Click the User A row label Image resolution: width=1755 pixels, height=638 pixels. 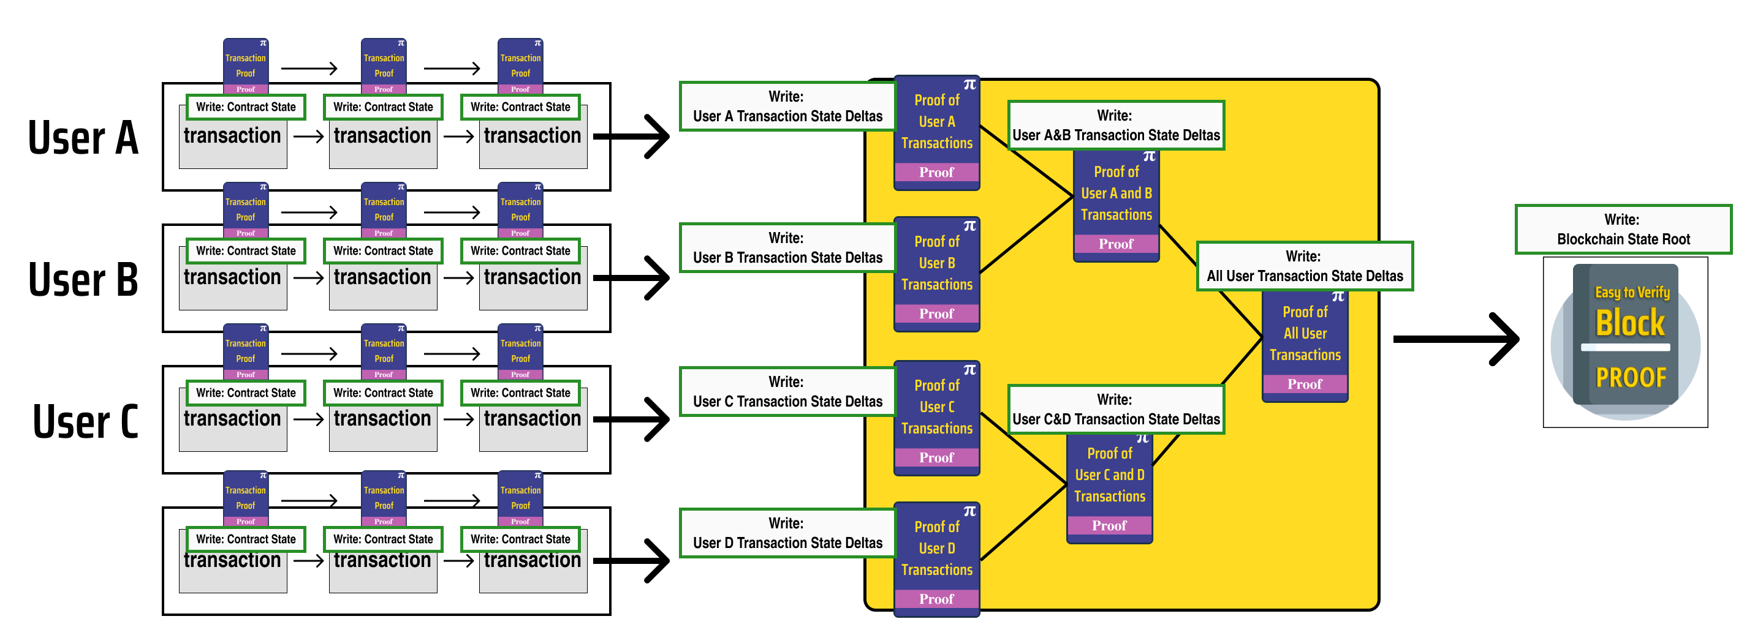[83, 138]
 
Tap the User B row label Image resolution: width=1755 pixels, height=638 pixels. [83, 279]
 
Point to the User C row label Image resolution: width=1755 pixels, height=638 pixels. [86, 421]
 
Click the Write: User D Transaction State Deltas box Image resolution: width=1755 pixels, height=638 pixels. [787, 533]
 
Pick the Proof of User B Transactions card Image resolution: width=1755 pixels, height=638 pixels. [937, 272]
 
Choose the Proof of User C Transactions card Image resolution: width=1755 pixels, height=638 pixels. [937, 416]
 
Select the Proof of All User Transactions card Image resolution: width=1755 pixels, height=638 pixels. [1305, 344]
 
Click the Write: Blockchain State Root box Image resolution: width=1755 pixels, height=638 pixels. [1623, 230]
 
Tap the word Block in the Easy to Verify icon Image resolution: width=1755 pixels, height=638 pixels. [1629, 323]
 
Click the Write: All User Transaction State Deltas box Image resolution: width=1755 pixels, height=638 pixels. [1304, 266]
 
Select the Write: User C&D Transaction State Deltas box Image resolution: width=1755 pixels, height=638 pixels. [1115, 409]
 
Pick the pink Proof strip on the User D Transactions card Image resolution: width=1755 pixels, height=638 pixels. [936, 599]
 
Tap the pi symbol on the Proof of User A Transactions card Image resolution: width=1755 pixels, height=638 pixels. [969, 85]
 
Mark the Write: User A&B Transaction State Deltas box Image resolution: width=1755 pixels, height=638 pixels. [1115, 126]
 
